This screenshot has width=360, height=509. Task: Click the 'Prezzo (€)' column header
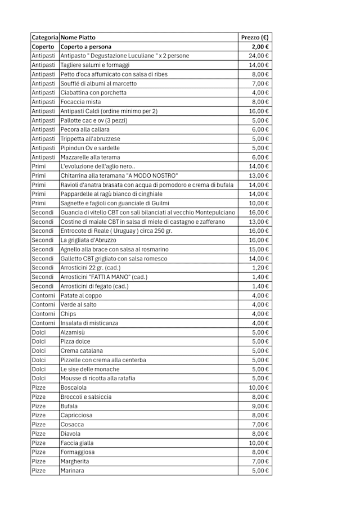(x=254, y=37)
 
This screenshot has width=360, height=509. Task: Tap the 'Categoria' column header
(x=45, y=37)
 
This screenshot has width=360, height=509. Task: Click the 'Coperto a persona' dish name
(x=86, y=47)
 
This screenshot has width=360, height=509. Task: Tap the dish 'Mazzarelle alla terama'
(x=90, y=157)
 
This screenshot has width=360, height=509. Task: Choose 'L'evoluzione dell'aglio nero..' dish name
(x=98, y=166)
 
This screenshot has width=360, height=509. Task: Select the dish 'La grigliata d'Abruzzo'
(x=88, y=240)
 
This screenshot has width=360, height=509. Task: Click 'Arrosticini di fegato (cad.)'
(x=94, y=286)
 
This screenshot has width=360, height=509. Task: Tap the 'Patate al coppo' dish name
(x=81, y=295)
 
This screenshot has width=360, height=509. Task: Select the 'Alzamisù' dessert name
(x=73, y=332)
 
